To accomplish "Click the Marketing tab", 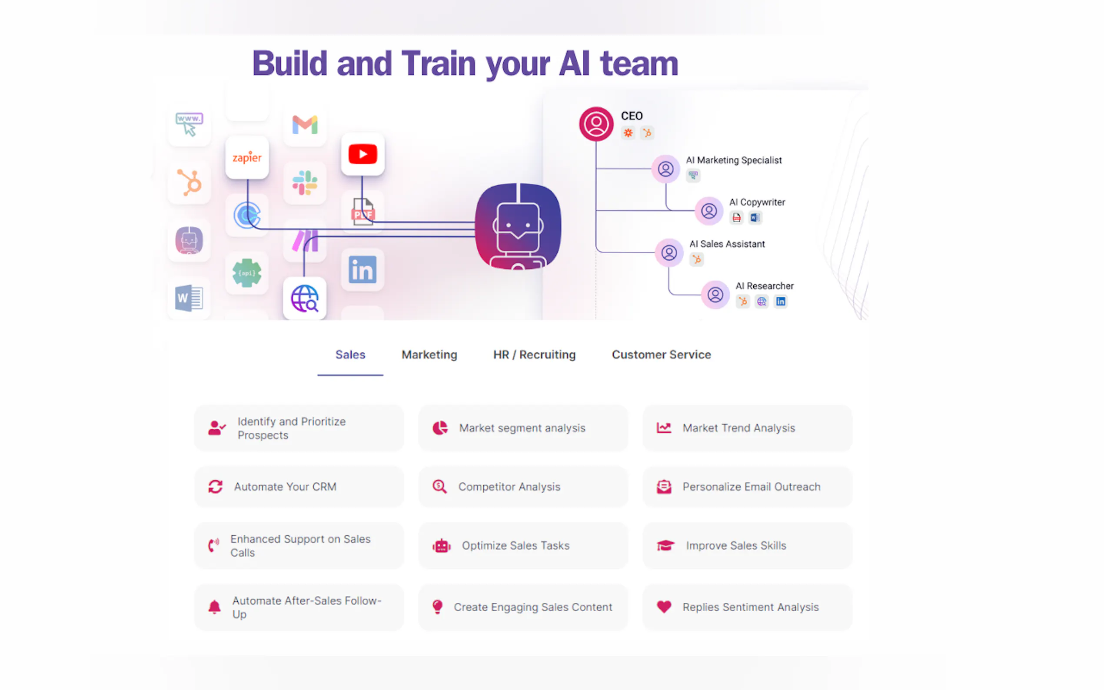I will point(429,355).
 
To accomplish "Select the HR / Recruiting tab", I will point(534,355).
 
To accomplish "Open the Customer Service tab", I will point(661,355).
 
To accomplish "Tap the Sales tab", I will point(350,355).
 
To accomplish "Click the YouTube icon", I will point(362,154).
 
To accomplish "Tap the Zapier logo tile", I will point(247,157).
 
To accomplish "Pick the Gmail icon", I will point(304,125).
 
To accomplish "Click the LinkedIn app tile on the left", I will point(362,270).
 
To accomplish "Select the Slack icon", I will point(304,182).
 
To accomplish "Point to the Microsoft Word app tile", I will point(189,299).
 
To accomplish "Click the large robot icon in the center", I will point(518,226).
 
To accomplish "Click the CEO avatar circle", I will point(595,124).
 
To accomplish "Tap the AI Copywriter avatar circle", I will point(708,211).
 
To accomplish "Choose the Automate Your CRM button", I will point(299,487).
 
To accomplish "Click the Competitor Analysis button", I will point(523,487).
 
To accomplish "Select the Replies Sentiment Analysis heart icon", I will point(664,607).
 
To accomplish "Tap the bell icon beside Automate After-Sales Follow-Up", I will point(214,607).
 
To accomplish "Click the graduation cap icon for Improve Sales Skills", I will point(665,545).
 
